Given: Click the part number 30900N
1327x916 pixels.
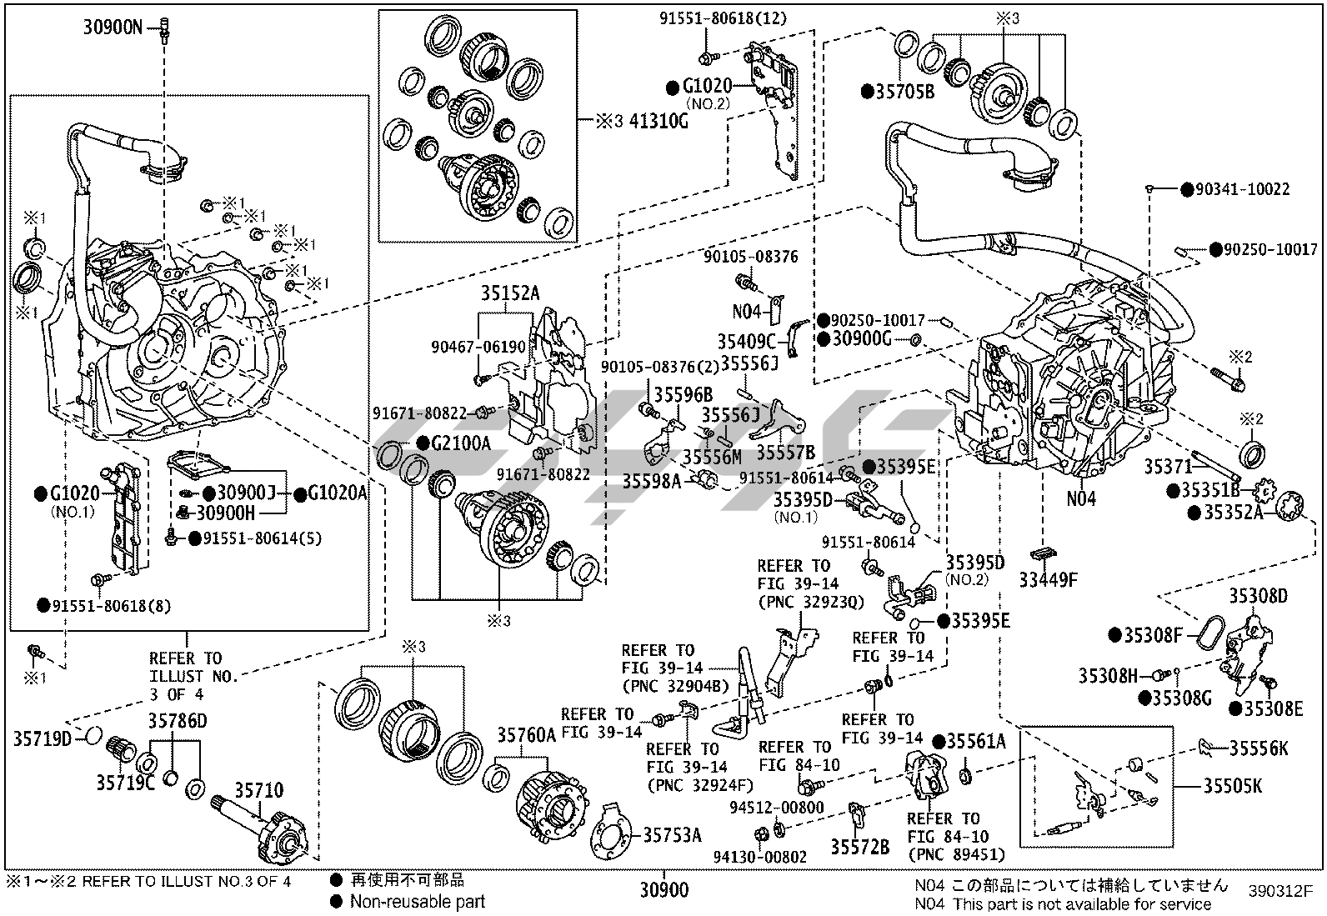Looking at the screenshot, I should [113, 28].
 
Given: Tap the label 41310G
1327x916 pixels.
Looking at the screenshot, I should [659, 121].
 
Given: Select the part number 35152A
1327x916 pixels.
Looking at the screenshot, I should [508, 293].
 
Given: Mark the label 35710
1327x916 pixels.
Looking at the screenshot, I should [258, 790].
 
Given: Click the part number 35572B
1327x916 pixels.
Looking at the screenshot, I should [859, 847].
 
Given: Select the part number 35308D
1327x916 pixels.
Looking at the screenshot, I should [1258, 595].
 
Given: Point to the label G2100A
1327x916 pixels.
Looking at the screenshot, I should [461, 443].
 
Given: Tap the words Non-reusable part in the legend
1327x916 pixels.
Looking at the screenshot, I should [418, 900].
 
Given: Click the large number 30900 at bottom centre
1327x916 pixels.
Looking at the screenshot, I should [664, 890].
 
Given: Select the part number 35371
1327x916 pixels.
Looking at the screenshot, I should [1168, 468].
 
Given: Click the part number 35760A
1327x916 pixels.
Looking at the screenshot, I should [526, 735].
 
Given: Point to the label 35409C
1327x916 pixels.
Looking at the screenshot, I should [747, 341].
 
